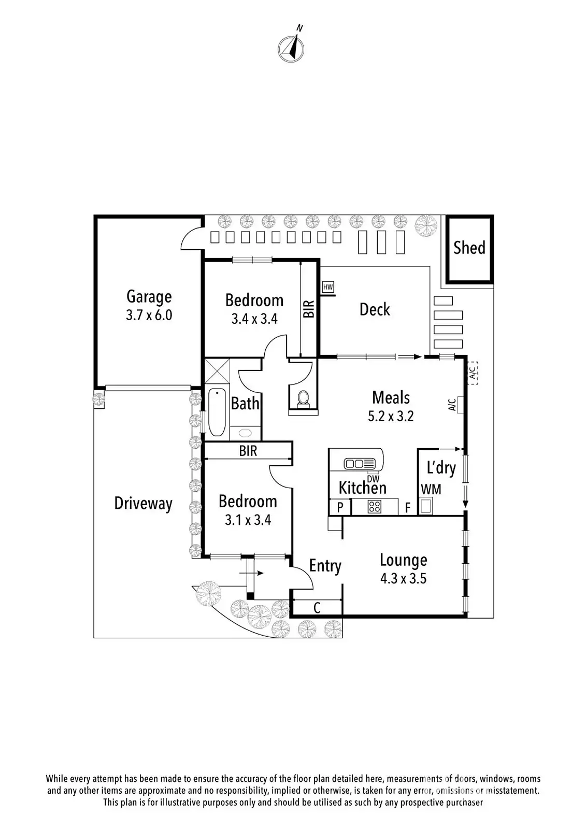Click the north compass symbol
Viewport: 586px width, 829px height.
291,47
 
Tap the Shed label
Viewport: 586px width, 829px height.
469,248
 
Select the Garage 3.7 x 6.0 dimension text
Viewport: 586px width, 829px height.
149,316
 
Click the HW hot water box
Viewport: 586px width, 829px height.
328,287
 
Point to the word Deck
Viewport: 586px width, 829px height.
375,309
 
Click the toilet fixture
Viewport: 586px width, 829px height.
304,399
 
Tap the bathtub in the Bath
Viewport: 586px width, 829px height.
217,412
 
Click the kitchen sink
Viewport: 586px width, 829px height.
360,464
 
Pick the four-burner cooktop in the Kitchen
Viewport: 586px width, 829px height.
375,507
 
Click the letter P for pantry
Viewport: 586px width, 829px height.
340,507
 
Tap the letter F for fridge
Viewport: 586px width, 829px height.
408,507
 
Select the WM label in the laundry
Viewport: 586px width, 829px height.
431,490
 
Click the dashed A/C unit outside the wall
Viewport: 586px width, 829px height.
473,373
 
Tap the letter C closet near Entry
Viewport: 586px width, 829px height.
317,608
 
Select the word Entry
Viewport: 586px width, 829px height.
325,566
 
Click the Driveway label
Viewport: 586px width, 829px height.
143,504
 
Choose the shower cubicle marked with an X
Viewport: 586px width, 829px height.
217,371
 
